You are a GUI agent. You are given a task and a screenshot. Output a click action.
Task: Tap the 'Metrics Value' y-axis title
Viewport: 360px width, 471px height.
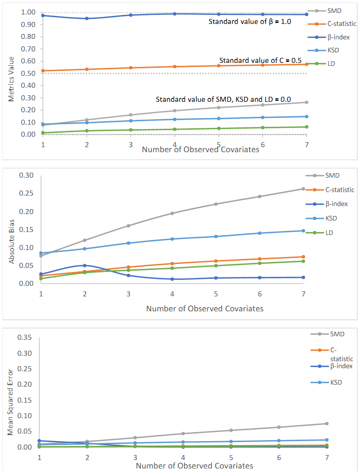point(11,75)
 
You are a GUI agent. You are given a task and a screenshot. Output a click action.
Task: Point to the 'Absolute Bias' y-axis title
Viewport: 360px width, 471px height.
point(11,229)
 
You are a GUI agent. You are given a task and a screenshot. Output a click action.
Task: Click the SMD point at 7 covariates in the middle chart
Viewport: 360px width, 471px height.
point(303,189)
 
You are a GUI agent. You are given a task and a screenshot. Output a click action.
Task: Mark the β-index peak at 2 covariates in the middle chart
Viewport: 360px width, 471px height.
point(85,265)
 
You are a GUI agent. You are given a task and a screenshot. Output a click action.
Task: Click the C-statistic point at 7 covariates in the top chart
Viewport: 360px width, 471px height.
point(307,64)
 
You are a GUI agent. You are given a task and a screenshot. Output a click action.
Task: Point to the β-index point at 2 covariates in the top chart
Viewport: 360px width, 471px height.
point(87,18)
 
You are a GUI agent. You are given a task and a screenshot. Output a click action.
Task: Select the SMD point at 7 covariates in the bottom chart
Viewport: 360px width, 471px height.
point(327,424)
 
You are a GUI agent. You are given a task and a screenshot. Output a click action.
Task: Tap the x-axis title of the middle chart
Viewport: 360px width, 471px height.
point(205,308)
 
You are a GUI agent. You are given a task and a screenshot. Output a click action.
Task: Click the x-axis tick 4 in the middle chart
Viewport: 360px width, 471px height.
point(172,293)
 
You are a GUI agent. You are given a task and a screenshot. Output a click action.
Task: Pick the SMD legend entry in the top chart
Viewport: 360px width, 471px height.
point(334,11)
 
